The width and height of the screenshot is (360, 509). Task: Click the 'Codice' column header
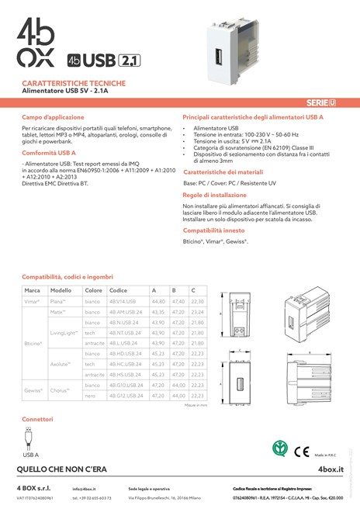118,289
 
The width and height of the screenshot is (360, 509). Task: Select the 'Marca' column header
32,289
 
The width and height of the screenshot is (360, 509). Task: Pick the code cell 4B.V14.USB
123,300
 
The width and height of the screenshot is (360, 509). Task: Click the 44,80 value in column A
158,300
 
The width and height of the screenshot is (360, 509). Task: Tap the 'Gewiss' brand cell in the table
33,390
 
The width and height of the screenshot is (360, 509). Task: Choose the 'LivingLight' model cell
64,332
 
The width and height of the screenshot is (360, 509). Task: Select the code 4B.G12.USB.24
126,396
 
